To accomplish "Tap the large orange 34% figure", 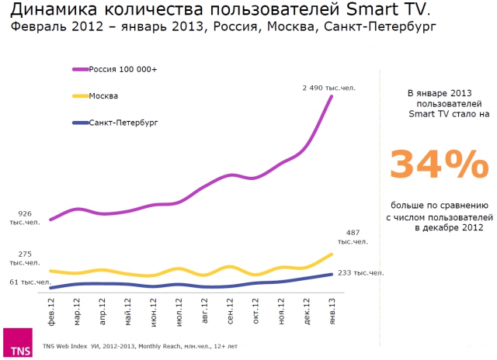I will [x=439, y=165].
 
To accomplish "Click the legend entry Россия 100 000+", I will [x=123, y=70].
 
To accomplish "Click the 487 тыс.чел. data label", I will [x=352, y=237].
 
